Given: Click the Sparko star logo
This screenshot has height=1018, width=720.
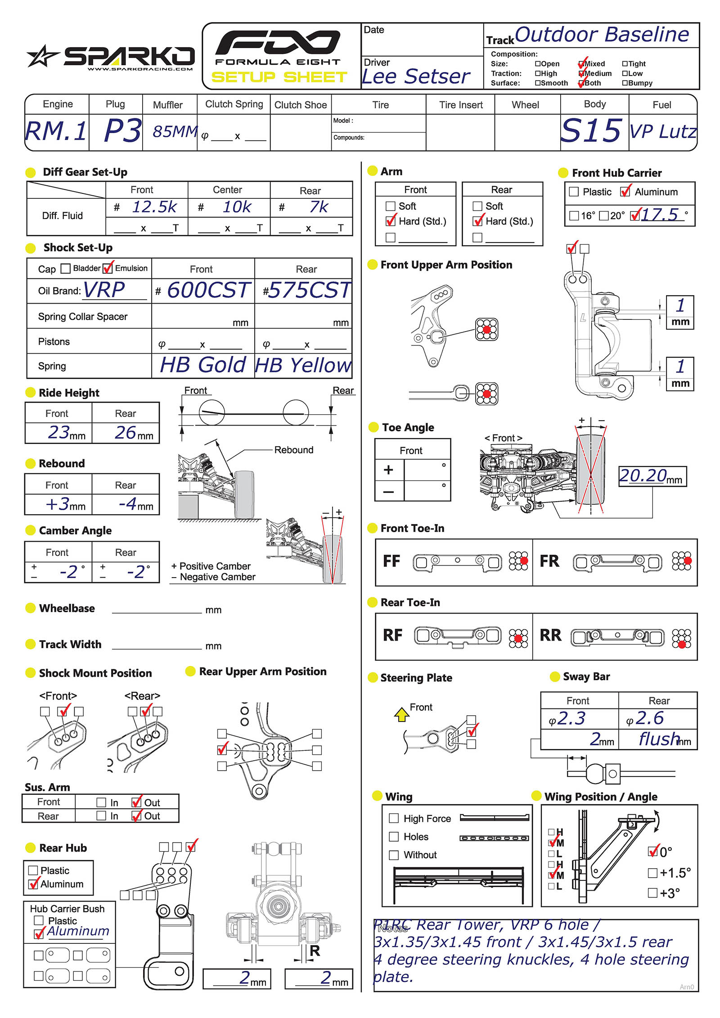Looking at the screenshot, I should pyautogui.click(x=42, y=56).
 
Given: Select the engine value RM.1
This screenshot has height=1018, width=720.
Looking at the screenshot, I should pyautogui.click(x=56, y=131).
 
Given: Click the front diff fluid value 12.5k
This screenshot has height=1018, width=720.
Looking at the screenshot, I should pyautogui.click(x=154, y=207).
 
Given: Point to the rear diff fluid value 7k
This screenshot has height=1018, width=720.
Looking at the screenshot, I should pyautogui.click(x=319, y=207).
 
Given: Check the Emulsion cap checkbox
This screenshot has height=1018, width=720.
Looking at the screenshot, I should pyautogui.click(x=108, y=269).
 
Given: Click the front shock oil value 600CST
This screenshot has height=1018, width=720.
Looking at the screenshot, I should pyautogui.click(x=208, y=290).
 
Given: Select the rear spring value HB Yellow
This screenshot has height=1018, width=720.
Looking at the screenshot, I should pyautogui.click(x=302, y=365).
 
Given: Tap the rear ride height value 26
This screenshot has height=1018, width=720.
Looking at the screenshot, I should pyautogui.click(x=126, y=432).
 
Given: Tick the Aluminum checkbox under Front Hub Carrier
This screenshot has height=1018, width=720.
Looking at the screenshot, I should pyautogui.click(x=625, y=192).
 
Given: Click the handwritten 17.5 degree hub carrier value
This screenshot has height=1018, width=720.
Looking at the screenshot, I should pyautogui.click(x=659, y=215).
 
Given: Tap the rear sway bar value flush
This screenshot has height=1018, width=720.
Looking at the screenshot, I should pyautogui.click(x=659, y=739).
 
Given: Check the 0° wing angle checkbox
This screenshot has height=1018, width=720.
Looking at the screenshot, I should pyautogui.click(x=652, y=852).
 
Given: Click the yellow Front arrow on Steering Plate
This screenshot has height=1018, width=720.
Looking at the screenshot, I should pyautogui.click(x=401, y=714).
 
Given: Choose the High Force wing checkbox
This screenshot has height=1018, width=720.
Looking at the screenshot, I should pyautogui.click(x=394, y=818).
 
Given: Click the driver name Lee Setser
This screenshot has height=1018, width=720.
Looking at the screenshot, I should pyautogui.click(x=416, y=76).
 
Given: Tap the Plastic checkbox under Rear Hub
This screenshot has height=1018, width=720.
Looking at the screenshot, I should pyautogui.click(x=33, y=870).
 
